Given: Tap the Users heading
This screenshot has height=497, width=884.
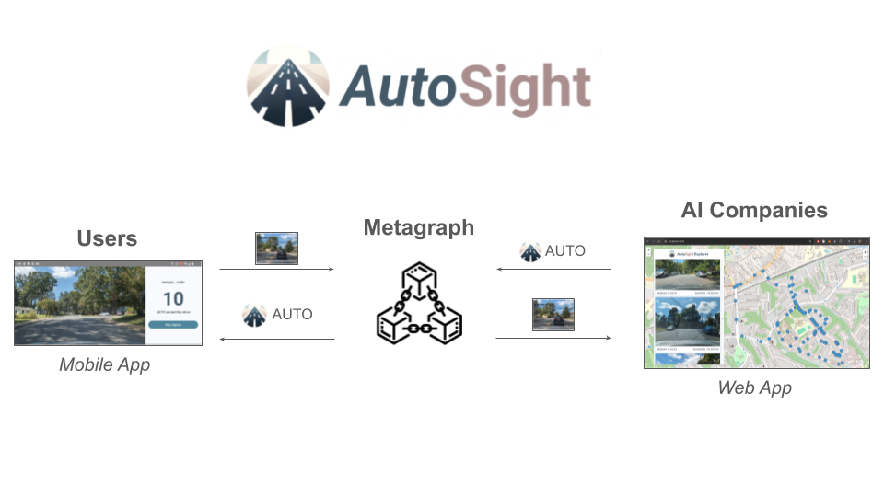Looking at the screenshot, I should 107,238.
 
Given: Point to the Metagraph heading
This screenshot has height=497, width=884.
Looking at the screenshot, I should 419,227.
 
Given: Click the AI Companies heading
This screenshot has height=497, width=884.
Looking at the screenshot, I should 754,210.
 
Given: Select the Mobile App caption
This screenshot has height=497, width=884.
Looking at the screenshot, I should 104,364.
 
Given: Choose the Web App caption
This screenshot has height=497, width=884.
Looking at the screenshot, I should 754,387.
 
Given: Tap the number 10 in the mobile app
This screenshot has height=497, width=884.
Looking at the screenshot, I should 173,298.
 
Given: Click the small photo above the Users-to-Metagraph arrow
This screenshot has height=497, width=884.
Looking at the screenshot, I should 276,248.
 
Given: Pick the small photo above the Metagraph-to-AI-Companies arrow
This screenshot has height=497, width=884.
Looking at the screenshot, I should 553,314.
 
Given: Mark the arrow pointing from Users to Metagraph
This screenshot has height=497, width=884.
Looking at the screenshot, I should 276,270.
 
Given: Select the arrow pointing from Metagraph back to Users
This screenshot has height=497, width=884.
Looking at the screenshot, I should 276,339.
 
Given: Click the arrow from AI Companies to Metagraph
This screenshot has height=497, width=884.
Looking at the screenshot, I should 553,270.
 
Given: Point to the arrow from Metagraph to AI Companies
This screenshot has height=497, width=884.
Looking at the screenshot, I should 553,338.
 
